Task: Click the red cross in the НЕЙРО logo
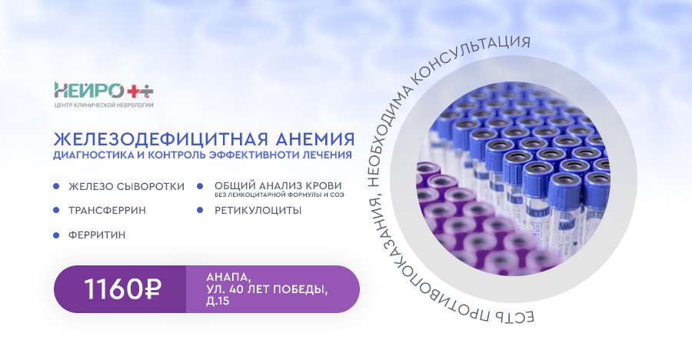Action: tap(133, 92)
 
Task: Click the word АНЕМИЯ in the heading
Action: tap(315, 139)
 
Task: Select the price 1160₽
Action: tap(123, 289)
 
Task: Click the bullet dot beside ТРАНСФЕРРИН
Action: tap(56, 210)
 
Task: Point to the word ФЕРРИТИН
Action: tap(97, 235)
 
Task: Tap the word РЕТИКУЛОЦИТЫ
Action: tap(258, 210)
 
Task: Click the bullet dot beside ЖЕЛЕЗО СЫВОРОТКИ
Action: tap(56, 186)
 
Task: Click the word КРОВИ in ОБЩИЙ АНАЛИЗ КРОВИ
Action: tap(321, 185)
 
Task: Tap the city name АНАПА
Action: tap(228, 278)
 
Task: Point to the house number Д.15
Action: tap(218, 302)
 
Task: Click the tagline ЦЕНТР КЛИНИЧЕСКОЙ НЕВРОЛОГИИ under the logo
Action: tap(104, 105)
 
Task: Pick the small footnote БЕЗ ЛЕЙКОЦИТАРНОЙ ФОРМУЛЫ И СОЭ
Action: tap(279, 195)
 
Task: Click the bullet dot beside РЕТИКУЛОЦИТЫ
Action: tap(200, 210)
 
